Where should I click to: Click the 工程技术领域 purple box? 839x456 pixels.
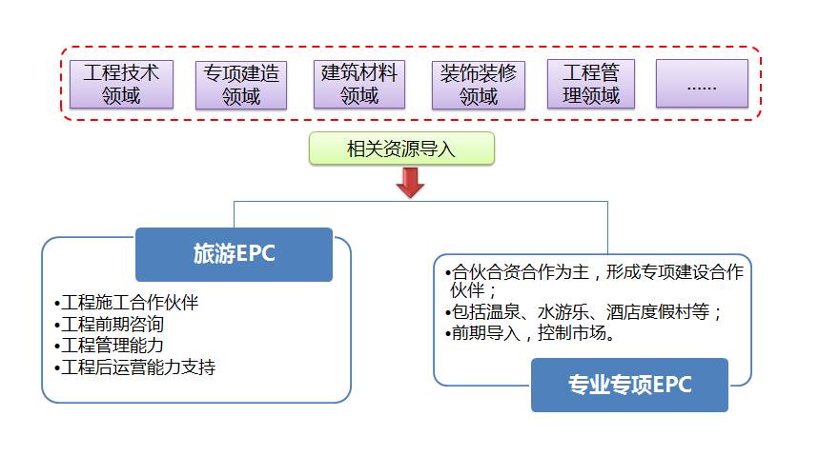(x=121, y=84)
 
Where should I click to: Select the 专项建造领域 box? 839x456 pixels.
(x=241, y=84)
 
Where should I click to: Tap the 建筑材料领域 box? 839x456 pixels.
(x=358, y=84)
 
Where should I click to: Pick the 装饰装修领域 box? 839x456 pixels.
(x=479, y=84)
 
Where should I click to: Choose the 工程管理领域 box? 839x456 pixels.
(x=591, y=84)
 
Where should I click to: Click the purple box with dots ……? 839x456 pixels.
(x=702, y=84)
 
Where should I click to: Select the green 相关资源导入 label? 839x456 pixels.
(x=401, y=149)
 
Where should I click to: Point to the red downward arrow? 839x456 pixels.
(x=410, y=183)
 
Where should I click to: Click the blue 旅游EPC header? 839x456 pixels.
(x=234, y=254)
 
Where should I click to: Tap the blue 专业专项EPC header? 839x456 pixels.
(x=629, y=385)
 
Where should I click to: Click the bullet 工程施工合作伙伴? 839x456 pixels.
(x=130, y=304)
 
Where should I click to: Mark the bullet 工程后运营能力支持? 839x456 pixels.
(x=138, y=367)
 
